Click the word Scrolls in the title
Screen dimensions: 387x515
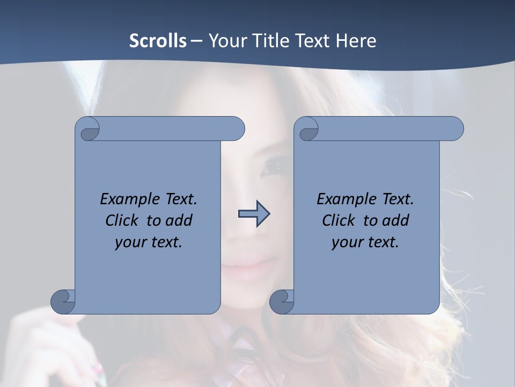pyautogui.click(x=158, y=41)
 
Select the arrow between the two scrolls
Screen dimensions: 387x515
pyautogui.click(x=254, y=214)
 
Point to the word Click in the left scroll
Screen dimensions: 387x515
pyautogui.click(x=123, y=220)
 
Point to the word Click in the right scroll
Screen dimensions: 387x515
pyautogui.click(x=340, y=220)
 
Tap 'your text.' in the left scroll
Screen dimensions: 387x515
pyautogui.click(x=149, y=242)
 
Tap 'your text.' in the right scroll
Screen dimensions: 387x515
pyautogui.click(x=365, y=242)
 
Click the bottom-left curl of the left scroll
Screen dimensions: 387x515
pyautogui.click(x=63, y=301)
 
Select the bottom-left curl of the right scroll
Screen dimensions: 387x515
pyautogui.click(x=282, y=301)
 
